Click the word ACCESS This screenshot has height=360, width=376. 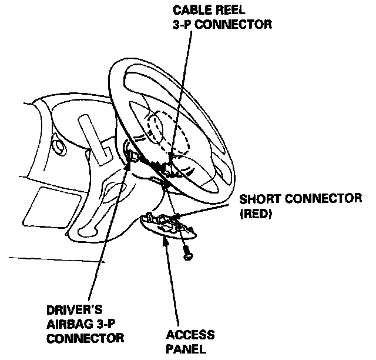[x=190, y=335]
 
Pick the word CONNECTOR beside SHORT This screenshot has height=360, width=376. [x=321, y=198]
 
